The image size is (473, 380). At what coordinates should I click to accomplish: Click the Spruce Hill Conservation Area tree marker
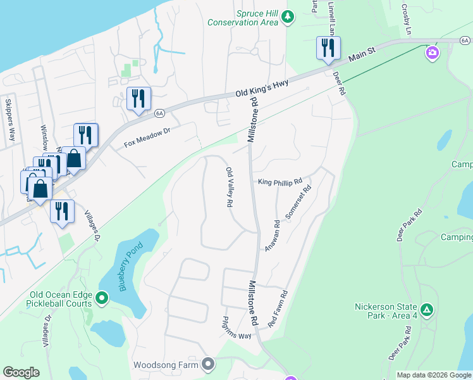pyautogui.click(x=288, y=16)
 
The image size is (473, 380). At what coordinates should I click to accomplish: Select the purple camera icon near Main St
pyautogui.click(x=433, y=52)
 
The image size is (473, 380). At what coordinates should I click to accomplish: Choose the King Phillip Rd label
pyautogui.click(x=280, y=182)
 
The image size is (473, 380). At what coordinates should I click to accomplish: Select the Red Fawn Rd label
pyautogui.click(x=278, y=309)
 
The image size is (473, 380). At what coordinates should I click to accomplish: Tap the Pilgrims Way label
pyautogui.click(x=238, y=328)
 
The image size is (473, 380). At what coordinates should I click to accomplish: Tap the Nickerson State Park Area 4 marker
pyautogui.click(x=427, y=310)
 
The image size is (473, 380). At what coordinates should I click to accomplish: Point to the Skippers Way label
pyautogui.click(x=10, y=119)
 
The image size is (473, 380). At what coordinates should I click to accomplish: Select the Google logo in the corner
pyautogui.click(x=21, y=372)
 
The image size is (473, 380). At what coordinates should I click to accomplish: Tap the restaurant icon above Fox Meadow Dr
pyautogui.click(x=138, y=99)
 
